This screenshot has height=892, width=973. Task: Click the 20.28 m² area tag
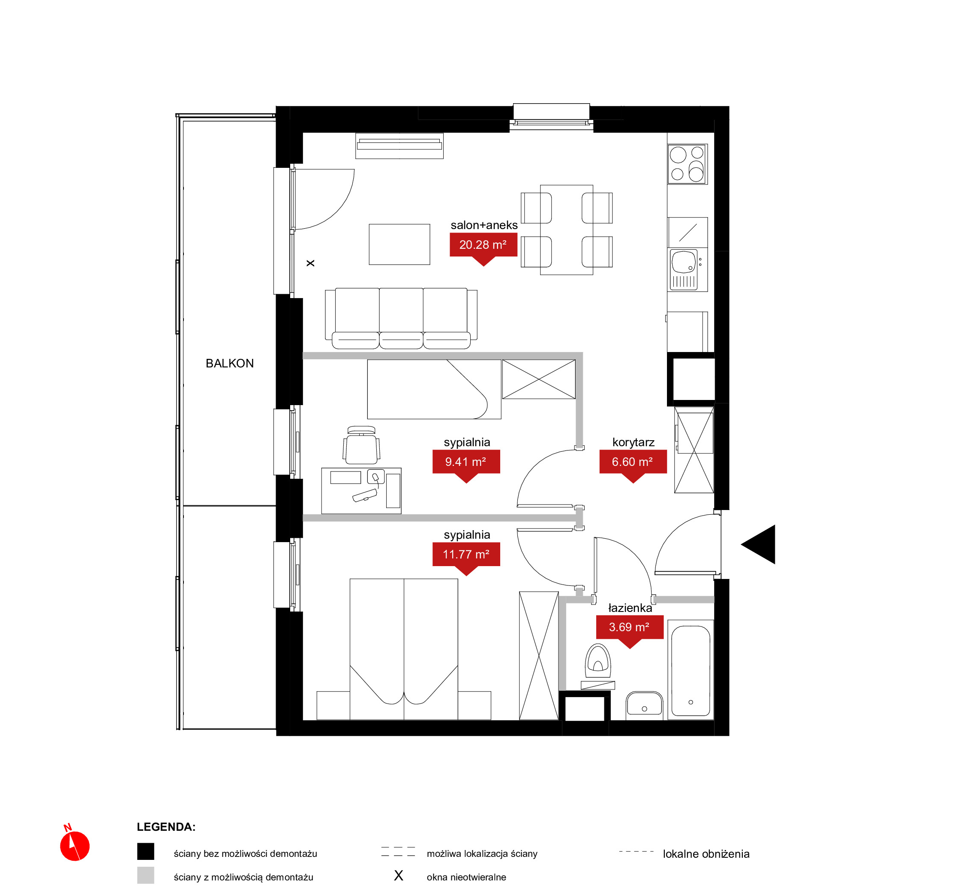pyautogui.click(x=483, y=245)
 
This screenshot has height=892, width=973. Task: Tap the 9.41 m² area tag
pyautogui.click(x=466, y=462)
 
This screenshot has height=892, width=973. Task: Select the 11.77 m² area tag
pyautogui.click(x=466, y=555)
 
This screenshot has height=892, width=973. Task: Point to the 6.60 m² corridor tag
pyautogui.click(x=633, y=462)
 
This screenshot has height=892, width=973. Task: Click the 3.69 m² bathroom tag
pyautogui.click(x=630, y=627)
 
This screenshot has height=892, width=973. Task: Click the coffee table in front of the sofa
pyautogui.click(x=399, y=244)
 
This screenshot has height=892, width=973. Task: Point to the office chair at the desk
pyautogui.click(x=361, y=445)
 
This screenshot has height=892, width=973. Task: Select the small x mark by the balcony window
pyautogui.click(x=311, y=263)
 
